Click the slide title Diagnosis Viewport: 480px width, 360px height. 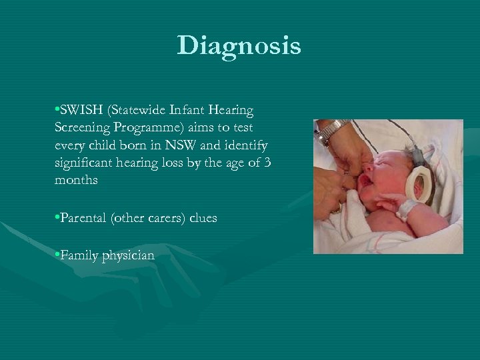239,46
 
